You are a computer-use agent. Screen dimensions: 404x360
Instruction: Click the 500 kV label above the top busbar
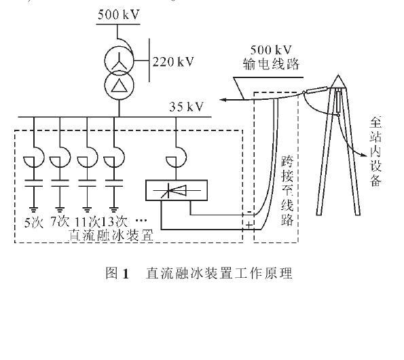(119, 14)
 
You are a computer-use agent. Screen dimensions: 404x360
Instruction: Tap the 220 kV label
(173, 62)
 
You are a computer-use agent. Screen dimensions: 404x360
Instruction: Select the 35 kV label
(187, 107)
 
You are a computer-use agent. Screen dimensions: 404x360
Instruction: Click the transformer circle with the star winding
(119, 61)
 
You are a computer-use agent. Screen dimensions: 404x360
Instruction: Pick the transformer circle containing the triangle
(119, 85)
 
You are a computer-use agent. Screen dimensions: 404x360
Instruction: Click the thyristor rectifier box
(177, 190)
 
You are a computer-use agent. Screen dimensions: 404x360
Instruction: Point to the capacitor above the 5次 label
(33, 183)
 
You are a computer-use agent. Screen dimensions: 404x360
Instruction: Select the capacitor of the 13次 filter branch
(113, 183)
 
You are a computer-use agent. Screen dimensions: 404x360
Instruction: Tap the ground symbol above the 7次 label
(60, 210)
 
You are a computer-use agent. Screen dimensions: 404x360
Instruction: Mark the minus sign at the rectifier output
(249, 211)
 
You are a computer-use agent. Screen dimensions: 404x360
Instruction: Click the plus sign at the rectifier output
(249, 226)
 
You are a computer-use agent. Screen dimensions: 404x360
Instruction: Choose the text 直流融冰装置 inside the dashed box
(111, 235)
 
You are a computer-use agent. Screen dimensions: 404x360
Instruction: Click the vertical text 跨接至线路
(287, 191)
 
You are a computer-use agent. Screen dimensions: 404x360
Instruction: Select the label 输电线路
(271, 64)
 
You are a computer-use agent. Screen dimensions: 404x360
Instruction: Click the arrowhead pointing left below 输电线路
(223, 100)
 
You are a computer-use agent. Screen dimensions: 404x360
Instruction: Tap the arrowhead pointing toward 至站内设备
(363, 154)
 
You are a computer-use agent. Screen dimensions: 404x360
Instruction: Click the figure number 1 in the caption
(126, 274)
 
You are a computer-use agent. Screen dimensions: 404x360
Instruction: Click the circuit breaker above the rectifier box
(177, 157)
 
